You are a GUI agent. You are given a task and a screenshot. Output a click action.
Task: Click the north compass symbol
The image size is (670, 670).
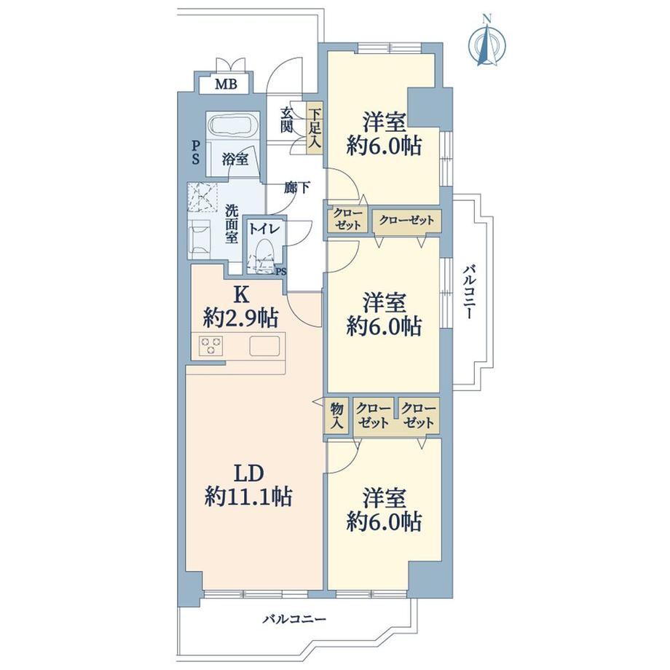coord(486,41)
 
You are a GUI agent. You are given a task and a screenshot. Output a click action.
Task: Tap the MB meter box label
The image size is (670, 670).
coord(226,84)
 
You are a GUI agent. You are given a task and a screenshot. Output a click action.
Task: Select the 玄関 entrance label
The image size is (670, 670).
coord(286,119)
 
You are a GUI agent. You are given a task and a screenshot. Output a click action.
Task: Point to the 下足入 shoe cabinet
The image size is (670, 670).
coord(315,127)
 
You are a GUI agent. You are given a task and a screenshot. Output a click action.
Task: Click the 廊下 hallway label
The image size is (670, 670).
coord(297,188)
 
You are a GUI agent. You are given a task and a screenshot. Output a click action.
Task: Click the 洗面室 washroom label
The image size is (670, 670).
coord(232,224)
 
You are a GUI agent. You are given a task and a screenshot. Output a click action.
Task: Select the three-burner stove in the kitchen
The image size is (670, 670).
coord(211,346)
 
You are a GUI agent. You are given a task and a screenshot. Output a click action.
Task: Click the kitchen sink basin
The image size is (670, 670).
coord(264,346)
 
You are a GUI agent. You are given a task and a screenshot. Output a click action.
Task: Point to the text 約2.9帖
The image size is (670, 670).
coord(241,318)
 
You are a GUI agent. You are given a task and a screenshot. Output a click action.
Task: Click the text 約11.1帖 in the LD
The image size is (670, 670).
coord(248,497)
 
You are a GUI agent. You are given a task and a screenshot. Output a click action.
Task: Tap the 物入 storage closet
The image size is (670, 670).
coord(337,416)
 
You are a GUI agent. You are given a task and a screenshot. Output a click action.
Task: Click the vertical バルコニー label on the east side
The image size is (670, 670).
coord(470,292)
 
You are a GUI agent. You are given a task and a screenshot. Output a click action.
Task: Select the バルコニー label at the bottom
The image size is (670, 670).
coord(295,619)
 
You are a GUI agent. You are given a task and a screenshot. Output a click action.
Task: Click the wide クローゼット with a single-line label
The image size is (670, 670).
coord(406,221)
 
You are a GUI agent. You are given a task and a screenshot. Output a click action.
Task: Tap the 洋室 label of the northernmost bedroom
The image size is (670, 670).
coord(384,122)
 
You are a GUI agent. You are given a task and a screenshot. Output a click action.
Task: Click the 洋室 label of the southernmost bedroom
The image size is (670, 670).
coord(384,498)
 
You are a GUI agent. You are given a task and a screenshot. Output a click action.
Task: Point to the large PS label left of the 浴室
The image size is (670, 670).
coord(195,153)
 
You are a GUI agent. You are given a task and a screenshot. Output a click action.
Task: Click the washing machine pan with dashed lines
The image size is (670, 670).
coord(203,197)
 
